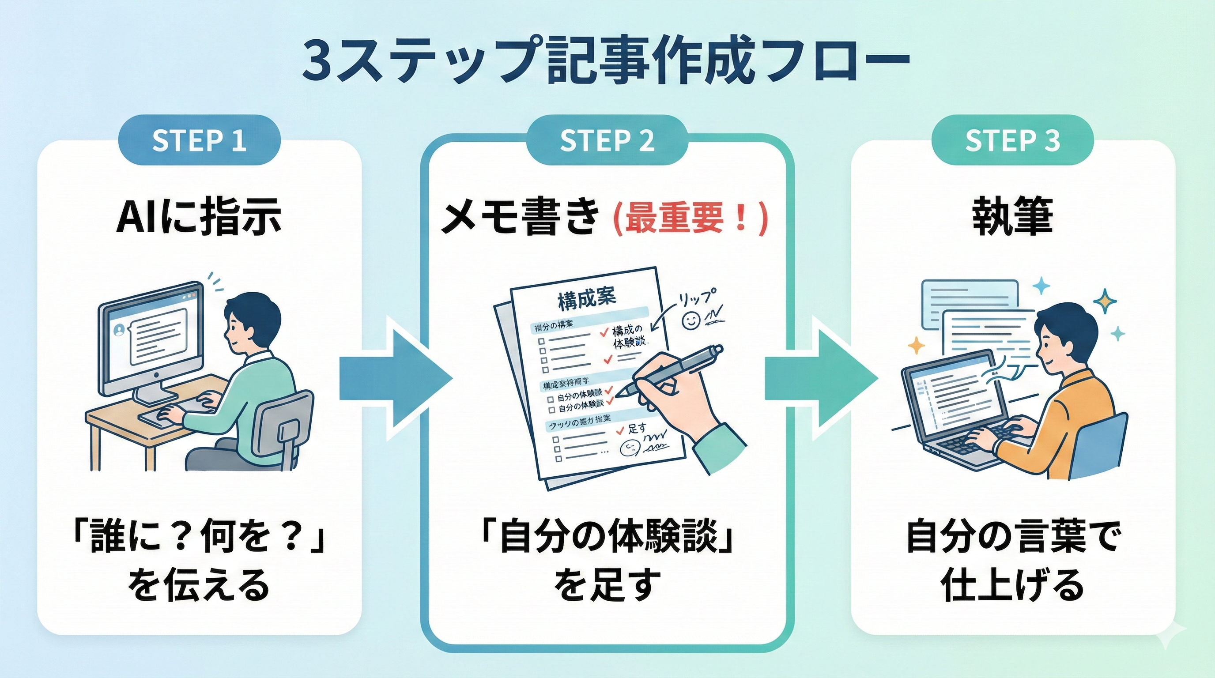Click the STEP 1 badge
(199, 140)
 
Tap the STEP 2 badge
(607, 140)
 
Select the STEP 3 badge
(1012, 140)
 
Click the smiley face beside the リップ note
(691, 321)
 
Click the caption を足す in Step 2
(607, 585)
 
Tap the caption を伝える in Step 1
(199, 585)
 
